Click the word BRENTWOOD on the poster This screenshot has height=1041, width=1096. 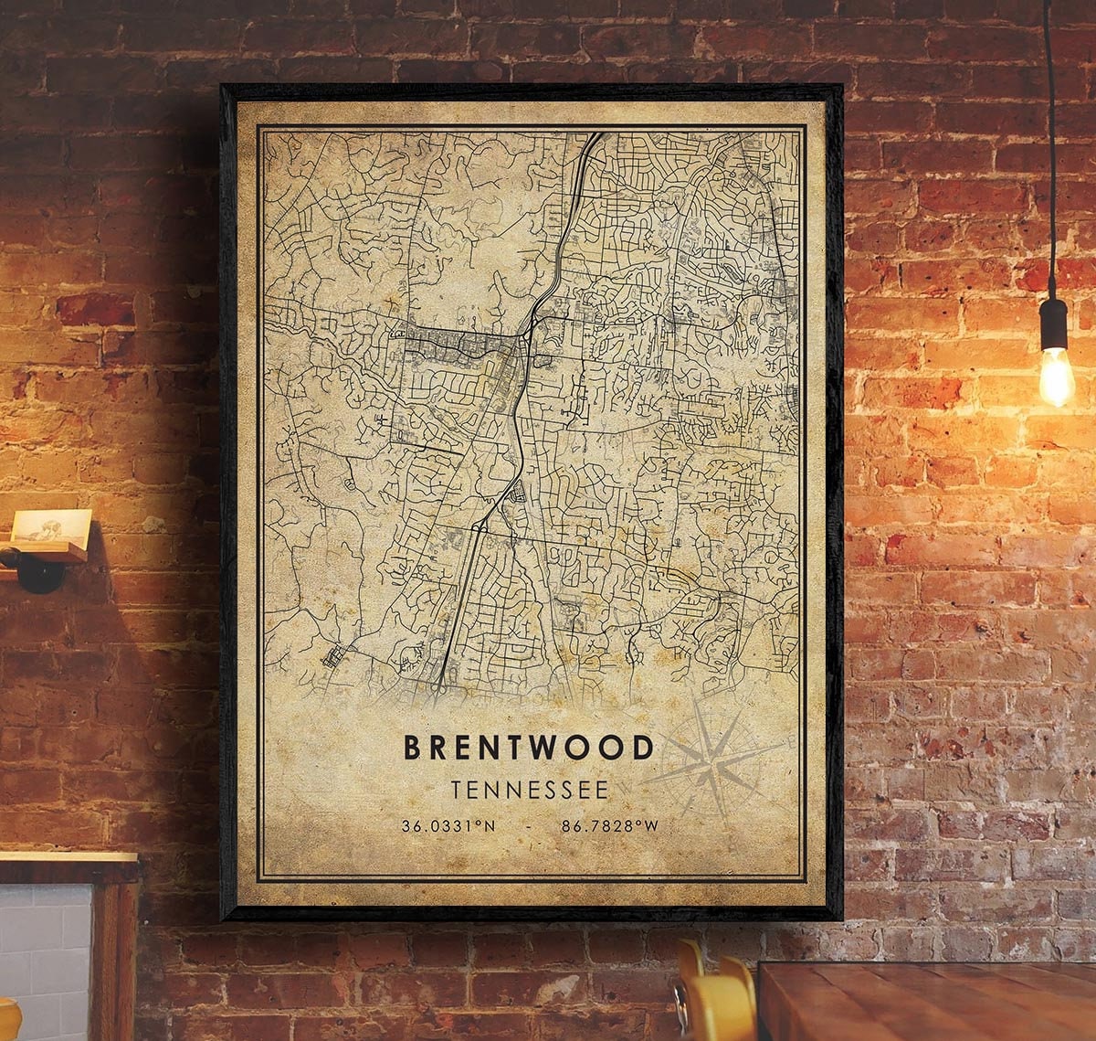(x=529, y=747)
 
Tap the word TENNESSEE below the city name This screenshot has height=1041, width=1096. (x=529, y=789)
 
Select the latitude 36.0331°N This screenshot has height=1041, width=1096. (x=448, y=826)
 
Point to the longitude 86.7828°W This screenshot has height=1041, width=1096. (x=609, y=826)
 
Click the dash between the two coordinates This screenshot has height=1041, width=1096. (x=529, y=826)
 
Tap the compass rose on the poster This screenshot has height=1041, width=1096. (x=713, y=759)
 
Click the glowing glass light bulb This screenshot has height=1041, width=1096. (x=1056, y=376)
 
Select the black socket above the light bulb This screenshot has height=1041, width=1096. (x=1053, y=324)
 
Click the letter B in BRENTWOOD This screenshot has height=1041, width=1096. (x=413, y=747)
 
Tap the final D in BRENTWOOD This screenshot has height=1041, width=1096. (x=644, y=747)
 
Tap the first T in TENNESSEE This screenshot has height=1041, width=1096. (x=456, y=789)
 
